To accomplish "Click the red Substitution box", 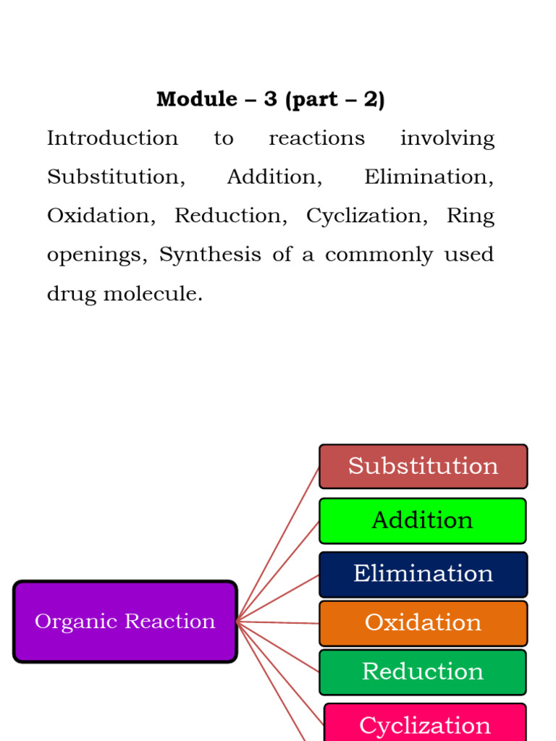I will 424,466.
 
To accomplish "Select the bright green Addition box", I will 422,520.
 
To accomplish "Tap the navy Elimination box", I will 423,574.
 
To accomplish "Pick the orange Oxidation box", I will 423,622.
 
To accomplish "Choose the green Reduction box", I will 423,672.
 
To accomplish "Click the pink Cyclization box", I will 425,724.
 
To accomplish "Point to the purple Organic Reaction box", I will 125,622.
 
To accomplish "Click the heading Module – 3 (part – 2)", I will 270,99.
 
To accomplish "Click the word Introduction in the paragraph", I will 112,138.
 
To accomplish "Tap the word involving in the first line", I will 447,138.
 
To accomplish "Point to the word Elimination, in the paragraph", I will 429,177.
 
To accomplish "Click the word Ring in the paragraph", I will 471,216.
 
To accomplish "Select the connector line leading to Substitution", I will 278,543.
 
